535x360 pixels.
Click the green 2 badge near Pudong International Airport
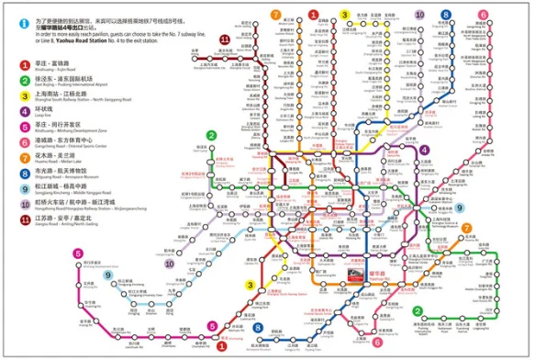point(418,312)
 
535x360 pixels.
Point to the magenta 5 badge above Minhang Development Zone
point(212,324)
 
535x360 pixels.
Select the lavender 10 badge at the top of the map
point(420,15)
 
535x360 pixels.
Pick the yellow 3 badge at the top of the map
point(346,15)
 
